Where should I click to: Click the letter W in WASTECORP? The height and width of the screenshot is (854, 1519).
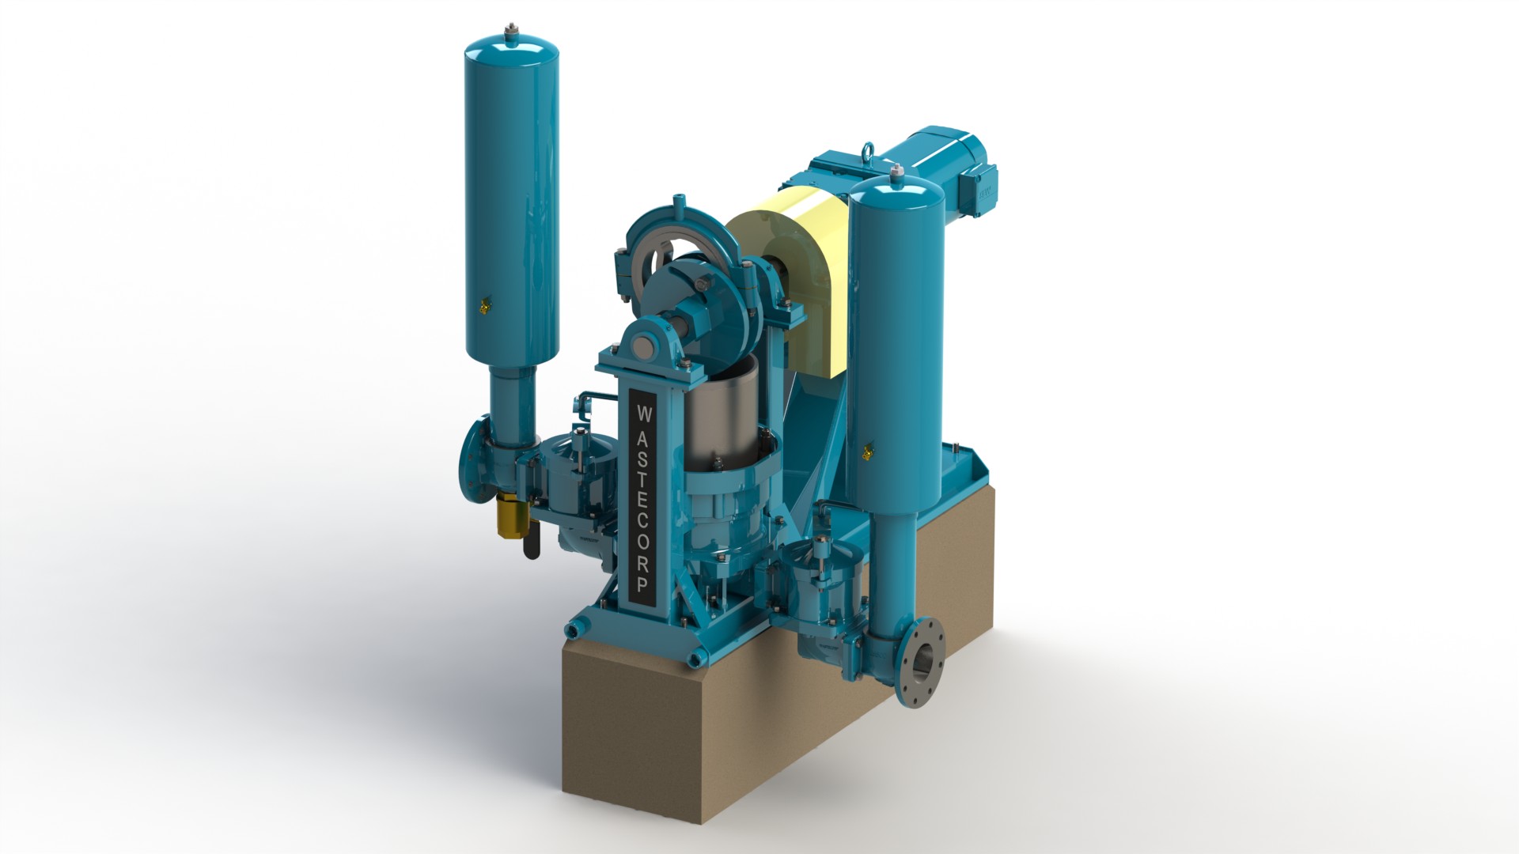643,413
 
